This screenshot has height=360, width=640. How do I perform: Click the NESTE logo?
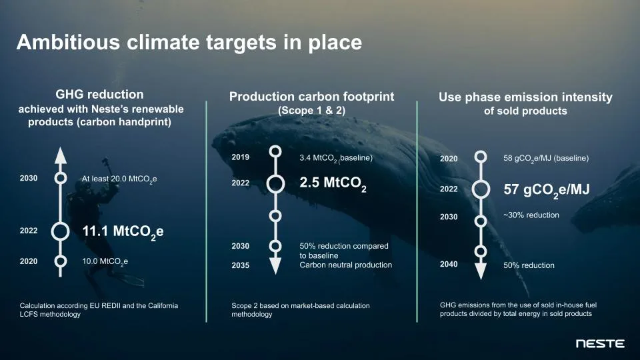tap(600, 344)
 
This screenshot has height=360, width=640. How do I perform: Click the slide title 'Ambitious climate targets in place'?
tap(189, 43)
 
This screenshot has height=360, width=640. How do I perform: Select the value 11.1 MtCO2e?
tap(123, 232)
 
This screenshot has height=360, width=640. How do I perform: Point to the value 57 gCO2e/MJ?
tap(546, 189)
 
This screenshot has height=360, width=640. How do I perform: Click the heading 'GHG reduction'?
tap(99, 95)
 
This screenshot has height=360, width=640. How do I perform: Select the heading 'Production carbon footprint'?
tap(311, 97)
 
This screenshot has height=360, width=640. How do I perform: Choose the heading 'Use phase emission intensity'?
tap(525, 97)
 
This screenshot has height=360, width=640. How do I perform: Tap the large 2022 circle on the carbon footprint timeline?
tap(275, 183)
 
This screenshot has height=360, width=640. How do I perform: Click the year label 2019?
tap(240, 157)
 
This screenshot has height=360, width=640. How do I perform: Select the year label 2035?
tap(240, 265)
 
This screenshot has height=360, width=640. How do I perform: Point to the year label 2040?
tap(449, 264)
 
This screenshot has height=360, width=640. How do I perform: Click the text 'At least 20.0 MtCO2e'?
tap(119, 179)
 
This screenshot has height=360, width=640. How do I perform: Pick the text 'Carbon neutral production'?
tap(345, 265)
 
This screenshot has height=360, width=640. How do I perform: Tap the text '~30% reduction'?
tap(531, 215)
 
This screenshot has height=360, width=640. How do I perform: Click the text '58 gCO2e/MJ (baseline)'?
tap(546, 159)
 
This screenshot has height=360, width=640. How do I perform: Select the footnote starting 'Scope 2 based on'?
tap(300, 309)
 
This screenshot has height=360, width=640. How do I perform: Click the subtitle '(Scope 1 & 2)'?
tap(311, 111)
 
